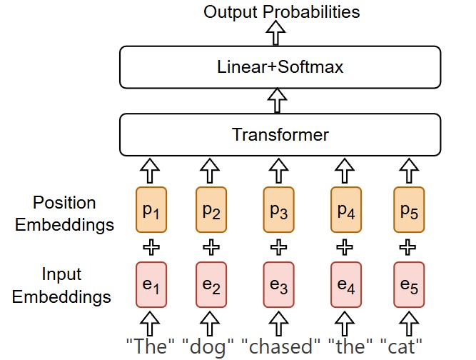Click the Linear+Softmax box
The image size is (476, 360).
click(x=280, y=68)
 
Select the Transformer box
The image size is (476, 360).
click(x=280, y=134)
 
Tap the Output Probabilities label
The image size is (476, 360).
click(x=282, y=11)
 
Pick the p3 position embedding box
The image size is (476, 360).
click(x=278, y=209)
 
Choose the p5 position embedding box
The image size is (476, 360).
click(x=408, y=209)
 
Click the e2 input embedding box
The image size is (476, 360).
click(x=211, y=284)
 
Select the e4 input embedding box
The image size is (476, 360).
click(x=346, y=284)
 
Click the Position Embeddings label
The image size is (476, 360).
click(x=64, y=214)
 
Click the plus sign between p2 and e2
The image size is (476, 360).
click(x=211, y=247)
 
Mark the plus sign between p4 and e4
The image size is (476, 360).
click(x=346, y=247)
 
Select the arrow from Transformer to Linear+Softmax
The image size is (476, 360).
click(x=275, y=100)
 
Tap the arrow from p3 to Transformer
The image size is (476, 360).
click(x=278, y=171)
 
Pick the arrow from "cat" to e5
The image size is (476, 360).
click(x=408, y=321)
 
